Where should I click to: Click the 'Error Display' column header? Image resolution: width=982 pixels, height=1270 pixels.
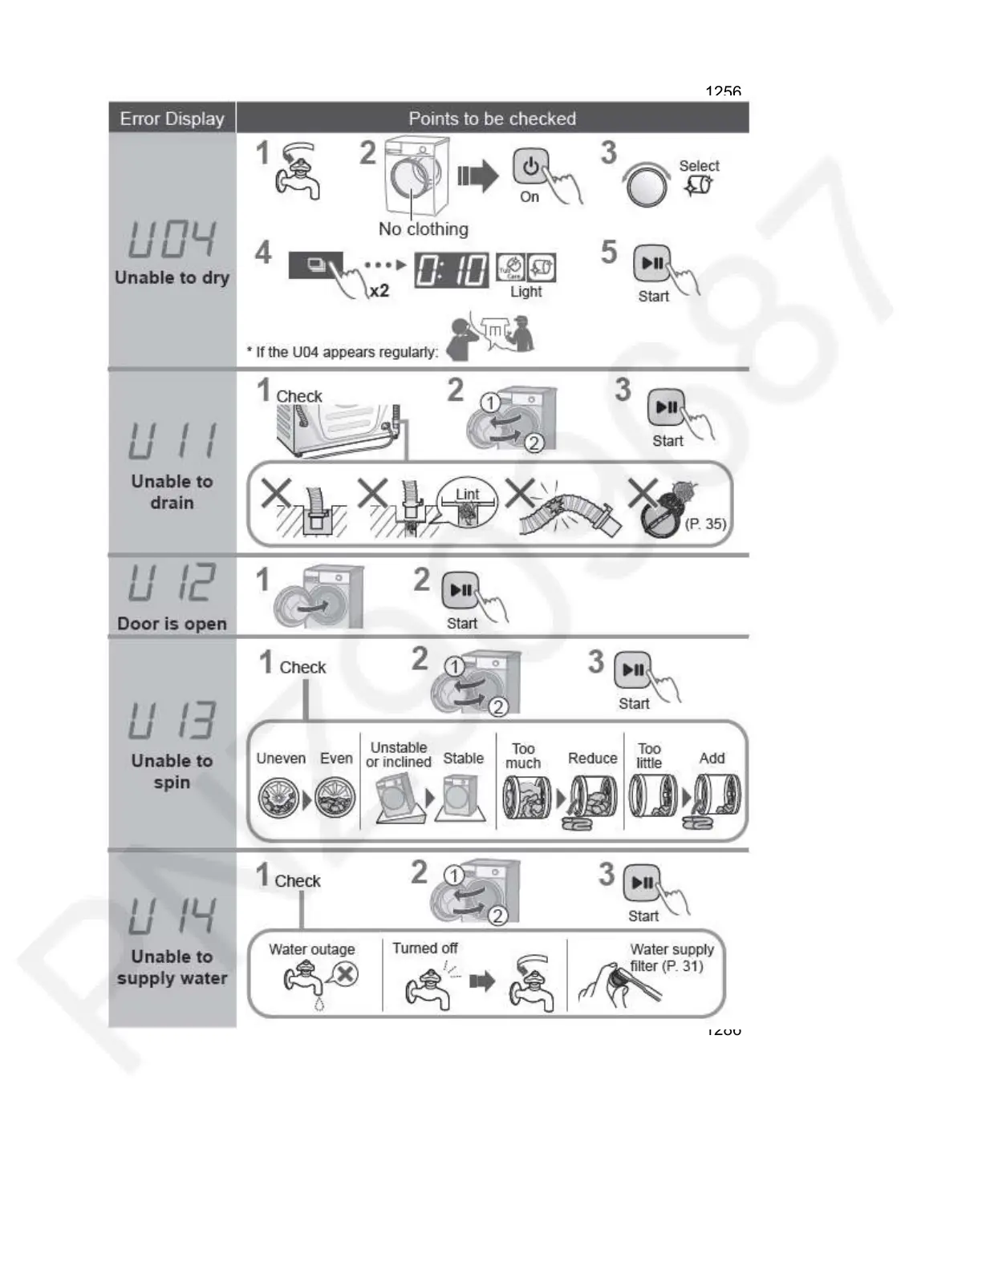pos(172,119)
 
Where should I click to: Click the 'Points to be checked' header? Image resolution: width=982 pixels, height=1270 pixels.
pos(492,119)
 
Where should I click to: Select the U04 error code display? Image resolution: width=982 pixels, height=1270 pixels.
pos(172,238)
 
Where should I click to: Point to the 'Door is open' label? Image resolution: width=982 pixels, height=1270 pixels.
pos(172,624)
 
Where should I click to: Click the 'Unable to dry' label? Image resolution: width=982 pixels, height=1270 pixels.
pos(172,277)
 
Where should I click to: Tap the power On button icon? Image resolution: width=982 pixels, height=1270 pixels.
pos(530,168)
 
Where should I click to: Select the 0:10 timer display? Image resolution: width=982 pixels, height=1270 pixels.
pos(451,270)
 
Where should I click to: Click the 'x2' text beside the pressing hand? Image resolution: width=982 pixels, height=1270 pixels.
pos(379,290)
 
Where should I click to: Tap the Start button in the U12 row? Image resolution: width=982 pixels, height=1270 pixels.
pos(461,590)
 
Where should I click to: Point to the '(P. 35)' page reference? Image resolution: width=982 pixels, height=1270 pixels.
pos(705,524)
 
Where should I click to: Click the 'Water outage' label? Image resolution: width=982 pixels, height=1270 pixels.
pos(311,949)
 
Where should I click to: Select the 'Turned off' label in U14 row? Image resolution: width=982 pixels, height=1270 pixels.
pos(424,948)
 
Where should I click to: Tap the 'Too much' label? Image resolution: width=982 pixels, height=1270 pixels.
pos(523,755)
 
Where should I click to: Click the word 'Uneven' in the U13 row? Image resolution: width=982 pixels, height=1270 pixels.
pos(281,758)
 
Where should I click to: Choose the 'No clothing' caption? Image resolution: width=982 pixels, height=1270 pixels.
pos(423,229)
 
